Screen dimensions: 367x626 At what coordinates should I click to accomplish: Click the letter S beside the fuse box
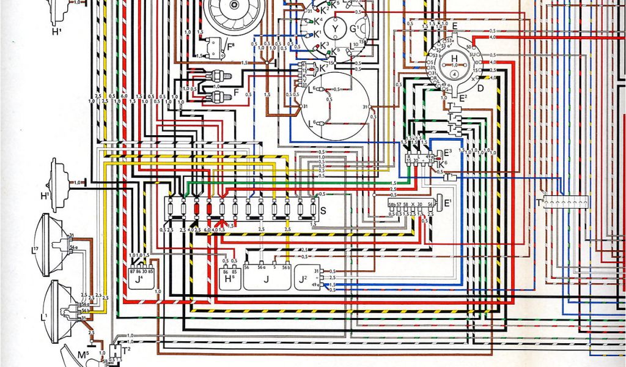pyautogui.click(x=322, y=210)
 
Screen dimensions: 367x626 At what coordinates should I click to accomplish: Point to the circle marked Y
pyautogui.click(x=334, y=28)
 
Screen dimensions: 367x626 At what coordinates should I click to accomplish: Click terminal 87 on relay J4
pyautogui.click(x=133, y=270)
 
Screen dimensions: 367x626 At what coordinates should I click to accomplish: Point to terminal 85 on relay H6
pyautogui.click(x=234, y=270)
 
